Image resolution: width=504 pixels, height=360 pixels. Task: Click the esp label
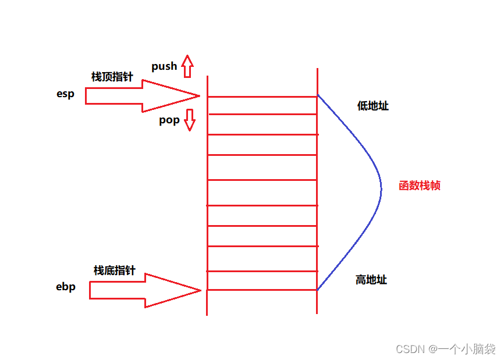coord(65,94)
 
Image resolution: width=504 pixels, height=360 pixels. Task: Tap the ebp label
coord(66,287)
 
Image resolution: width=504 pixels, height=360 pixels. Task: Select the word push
coord(164,66)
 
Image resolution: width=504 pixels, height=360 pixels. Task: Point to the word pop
coord(169,120)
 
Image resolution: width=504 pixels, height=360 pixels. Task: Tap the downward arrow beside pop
coord(189,120)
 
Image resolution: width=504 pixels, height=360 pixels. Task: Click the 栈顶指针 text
coord(112,77)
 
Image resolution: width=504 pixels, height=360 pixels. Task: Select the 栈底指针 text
coord(114,270)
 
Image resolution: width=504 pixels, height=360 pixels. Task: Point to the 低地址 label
coord(373,106)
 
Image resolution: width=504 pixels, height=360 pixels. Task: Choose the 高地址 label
coord(371,280)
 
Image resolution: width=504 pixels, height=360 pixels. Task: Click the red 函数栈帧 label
coord(420,186)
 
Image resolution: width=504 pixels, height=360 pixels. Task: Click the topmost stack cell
coord(262,105)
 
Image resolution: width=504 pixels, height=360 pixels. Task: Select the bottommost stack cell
coord(262,280)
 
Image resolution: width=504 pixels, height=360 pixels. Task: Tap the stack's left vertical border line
coord(207,192)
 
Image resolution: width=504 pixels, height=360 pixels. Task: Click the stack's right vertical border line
coord(317,192)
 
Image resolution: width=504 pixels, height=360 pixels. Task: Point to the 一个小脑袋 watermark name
coord(467,349)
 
